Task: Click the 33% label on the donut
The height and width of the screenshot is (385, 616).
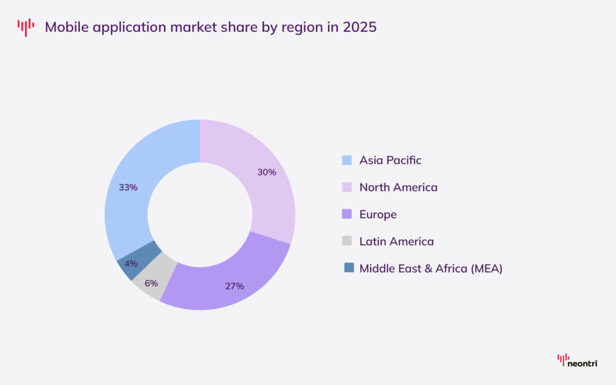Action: pyautogui.click(x=128, y=187)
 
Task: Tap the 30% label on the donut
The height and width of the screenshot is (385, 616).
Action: pyautogui.click(x=266, y=172)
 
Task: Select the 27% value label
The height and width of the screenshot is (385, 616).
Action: pyautogui.click(x=235, y=286)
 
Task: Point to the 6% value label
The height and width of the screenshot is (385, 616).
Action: pyautogui.click(x=151, y=283)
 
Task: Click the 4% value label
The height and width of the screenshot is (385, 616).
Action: pyautogui.click(x=131, y=263)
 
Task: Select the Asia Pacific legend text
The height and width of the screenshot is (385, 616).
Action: pyautogui.click(x=390, y=160)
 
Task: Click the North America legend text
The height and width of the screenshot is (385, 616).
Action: pyautogui.click(x=398, y=187)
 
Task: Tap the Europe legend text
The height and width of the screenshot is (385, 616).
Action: pyautogui.click(x=378, y=214)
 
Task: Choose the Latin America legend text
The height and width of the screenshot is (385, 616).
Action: pyautogui.click(x=396, y=241)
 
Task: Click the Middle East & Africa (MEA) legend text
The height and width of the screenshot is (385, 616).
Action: pyautogui.click(x=431, y=268)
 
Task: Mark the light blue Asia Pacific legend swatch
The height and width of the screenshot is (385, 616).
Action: pyautogui.click(x=346, y=160)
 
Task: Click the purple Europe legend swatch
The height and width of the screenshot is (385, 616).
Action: pyautogui.click(x=346, y=214)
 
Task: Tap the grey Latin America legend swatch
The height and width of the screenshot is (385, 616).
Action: pyautogui.click(x=346, y=241)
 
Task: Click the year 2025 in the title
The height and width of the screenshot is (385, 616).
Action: pyautogui.click(x=359, y=27)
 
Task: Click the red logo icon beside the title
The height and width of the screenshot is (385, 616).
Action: pyautogui.click(x=26, y=27)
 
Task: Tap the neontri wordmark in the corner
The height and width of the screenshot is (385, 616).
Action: pyautogui.click(x=584, y=363)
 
